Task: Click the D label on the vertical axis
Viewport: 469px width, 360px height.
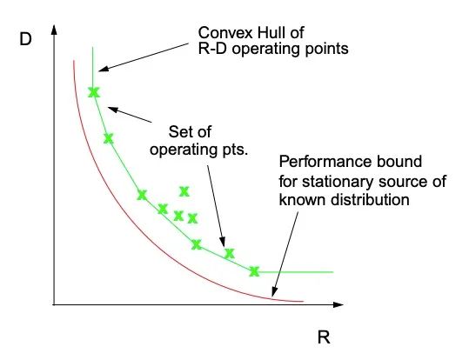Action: point(25,39)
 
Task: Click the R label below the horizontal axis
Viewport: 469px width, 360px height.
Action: point(324,337)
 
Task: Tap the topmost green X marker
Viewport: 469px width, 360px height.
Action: point(94,92)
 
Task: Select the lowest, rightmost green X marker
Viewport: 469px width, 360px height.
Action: point(254,271)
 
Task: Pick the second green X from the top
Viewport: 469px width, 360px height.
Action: point(109,138)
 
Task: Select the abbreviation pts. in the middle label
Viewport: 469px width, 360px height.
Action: point(236,150)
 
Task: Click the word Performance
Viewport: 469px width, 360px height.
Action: point(325,162)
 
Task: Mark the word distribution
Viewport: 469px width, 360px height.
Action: point(370,199)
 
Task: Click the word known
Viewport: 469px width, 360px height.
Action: point(303,199)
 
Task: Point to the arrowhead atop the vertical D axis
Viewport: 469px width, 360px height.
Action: point(54,30)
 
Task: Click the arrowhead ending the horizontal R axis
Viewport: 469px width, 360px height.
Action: point(338,304)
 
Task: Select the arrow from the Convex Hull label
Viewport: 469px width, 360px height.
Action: point(144,57)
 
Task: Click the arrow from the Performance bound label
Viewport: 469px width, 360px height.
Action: point(285,255)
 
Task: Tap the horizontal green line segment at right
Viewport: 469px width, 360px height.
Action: point(296,272)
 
